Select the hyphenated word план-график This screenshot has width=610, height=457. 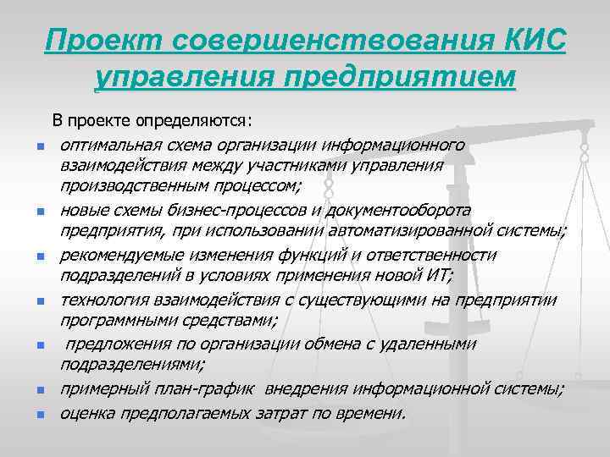(201, 389)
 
